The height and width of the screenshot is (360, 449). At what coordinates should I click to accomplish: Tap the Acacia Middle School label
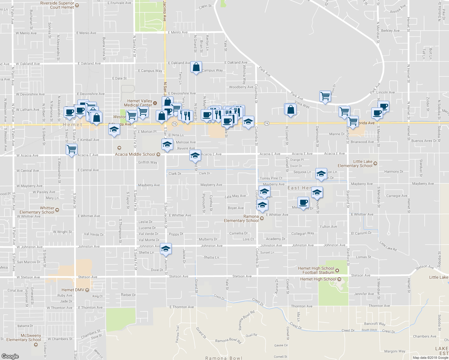(x=135, y=154)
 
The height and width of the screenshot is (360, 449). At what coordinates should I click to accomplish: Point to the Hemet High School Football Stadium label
(x=316, y=270)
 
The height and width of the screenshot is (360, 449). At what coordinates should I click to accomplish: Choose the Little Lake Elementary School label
(x=355, y=163)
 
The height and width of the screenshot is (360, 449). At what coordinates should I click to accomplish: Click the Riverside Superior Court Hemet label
(x=57, y=5)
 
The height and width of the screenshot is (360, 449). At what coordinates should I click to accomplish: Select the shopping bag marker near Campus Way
(x=196, y=67)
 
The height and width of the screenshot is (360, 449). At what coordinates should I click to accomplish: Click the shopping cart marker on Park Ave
(x=325, y=97)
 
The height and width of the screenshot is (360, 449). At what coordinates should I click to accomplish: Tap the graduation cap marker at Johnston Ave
(x=166, y=249)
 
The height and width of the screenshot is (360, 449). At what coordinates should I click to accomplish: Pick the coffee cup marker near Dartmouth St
(x=303, y=203)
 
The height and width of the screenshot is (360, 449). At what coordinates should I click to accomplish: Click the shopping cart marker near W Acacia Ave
(x=71, y=149)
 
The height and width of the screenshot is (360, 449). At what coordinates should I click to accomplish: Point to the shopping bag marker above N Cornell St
(x=291, y=109)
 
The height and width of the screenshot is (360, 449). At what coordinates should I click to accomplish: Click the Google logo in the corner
(x=10, y=356)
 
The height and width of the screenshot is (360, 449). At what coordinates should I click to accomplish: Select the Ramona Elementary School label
(x=241, y=218)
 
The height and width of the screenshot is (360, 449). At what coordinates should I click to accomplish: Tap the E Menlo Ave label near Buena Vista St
(x=86, y=33)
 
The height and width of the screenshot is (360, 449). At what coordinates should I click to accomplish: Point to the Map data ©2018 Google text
(x=430, y=358)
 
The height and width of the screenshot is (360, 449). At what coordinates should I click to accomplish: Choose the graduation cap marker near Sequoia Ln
(x=321, y=174)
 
